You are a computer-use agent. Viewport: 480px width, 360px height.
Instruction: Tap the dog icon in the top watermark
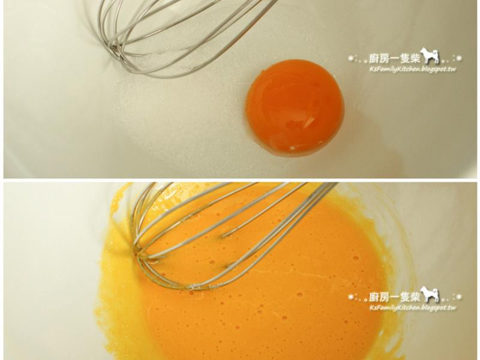[x=430, y=56]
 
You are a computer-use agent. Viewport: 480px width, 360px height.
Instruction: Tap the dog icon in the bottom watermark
[x=430, y=295]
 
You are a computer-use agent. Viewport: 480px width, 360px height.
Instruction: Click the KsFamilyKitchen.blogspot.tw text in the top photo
[x=413, y=69]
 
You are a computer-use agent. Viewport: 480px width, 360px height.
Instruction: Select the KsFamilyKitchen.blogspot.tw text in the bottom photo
[x=413, y=308]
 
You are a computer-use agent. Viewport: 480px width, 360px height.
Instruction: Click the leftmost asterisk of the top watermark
[x=351, y=58]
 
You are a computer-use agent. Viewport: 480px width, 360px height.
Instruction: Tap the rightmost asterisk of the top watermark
[x=459, y=58]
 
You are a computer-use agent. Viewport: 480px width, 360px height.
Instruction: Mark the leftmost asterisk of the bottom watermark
[x=351, y=296]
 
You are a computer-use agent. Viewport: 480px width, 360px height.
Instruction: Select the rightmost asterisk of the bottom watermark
[x=459, y=296]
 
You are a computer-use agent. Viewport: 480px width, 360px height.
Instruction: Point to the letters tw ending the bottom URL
[x=452, y=308]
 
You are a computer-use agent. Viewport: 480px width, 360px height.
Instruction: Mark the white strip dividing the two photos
[x=240, y=180]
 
